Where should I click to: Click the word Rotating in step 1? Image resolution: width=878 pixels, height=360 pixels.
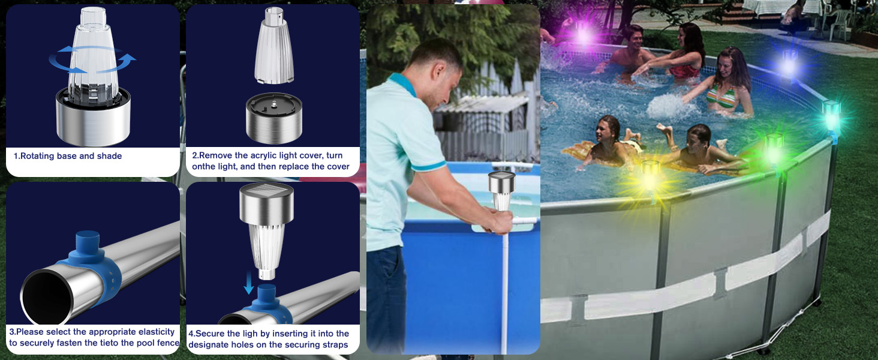pyautogui.click(x=37, y=156)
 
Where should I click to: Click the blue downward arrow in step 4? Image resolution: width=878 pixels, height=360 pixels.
pyautogui.click(x=248, y=284)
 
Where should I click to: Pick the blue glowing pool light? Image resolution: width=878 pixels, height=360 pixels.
pyautogui.click(x=789, y=63)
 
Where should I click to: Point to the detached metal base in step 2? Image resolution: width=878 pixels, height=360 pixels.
pyautogui.click(x=274, y=118)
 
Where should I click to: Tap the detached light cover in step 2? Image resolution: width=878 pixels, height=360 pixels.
pyautogui.click(x=273, y=45)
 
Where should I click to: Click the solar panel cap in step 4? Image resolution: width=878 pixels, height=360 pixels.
pyautogui.click(x=266, y=202)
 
